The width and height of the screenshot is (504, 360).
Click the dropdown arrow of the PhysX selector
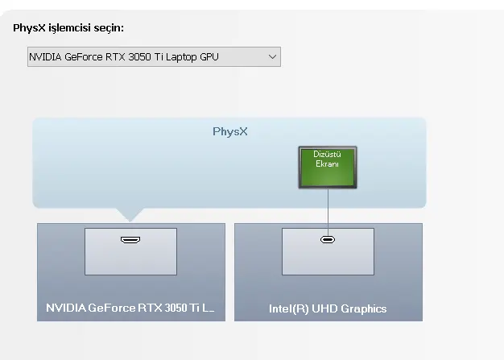click(272, 57)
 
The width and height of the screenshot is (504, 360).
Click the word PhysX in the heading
click(29, 28)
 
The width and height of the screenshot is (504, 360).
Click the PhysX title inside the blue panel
click(230, 131)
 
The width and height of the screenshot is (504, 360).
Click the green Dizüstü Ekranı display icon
click(328, 168)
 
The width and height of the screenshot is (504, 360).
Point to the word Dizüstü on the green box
click(327, 155)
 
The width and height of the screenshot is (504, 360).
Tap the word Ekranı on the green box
click(327, 164)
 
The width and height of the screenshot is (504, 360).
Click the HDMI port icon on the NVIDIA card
click(130, 240)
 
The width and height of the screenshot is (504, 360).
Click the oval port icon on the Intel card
click(328, 240)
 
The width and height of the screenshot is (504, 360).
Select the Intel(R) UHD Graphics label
click(328, 308)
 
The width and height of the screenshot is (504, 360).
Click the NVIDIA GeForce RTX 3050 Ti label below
click(130, 308)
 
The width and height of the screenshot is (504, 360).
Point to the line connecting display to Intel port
click(328, 213)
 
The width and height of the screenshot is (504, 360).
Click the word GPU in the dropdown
click(209, 57)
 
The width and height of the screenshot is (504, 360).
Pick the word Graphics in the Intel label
click(364, 309)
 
